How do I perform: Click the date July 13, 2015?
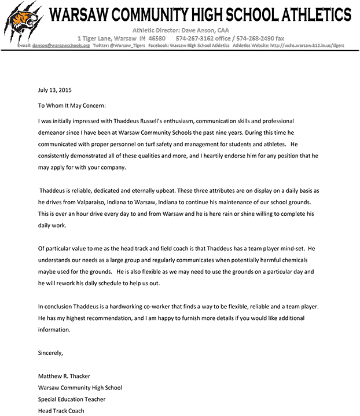(x=55, y=90)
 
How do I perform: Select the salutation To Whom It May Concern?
(x=72, y=106)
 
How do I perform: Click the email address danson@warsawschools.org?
(x=61, y=45)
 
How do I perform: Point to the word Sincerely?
(x=50, y=352)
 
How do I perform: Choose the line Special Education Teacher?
(x=72, y=399)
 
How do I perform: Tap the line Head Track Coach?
(x=61, y=411)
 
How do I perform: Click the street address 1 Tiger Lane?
(x=98, y=38)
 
